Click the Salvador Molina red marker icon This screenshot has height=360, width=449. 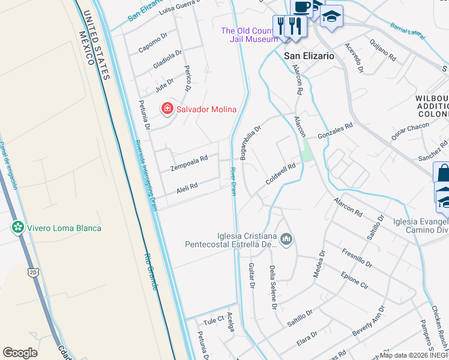[x=167, y=109]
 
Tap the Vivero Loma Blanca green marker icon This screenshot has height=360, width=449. [x=18, y=227]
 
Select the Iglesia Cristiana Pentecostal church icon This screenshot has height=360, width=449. [x=286, y=240]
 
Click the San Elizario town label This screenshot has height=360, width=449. [x=309, y=55]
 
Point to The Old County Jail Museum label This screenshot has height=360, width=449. [x=249, y=35]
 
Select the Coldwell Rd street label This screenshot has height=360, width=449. [x=281, y=173]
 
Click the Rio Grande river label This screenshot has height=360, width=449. [x=150, y=271]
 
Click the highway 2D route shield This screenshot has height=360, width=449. [x=32, y=272]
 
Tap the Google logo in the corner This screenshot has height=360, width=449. [x=20, y=353]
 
